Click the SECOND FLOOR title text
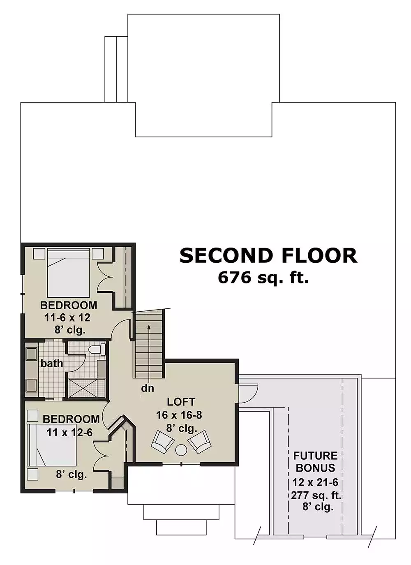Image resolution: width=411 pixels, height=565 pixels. pos(268,255)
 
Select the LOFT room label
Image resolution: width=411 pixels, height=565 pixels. pos(181,402)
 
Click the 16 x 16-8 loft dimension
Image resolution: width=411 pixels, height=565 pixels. pos(179,415)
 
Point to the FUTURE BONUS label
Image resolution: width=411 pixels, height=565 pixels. pos(315,462)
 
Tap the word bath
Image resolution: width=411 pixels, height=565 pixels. pos(52,364)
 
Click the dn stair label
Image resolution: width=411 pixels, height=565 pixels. pos(148,389)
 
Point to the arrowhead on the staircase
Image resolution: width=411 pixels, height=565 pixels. pos(149,327)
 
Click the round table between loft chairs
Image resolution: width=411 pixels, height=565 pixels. pos(181,450)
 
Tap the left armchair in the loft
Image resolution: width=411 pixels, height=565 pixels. pos(163,443)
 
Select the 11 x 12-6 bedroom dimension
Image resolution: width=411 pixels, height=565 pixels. pos(69,433)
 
